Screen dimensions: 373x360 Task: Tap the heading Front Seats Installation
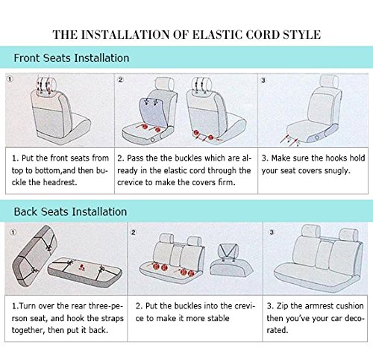(72, 58)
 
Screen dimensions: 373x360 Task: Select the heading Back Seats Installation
(70, 212)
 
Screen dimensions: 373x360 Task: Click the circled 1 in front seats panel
(10, 79)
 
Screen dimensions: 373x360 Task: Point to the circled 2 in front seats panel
(121, 80)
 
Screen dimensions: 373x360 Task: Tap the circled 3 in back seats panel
(272, 232)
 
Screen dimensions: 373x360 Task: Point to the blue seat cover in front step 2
(153, 112)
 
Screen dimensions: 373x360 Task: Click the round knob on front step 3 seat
(317, 137)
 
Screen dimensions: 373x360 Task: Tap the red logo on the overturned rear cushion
(82, 268)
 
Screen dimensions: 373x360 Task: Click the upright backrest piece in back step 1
(34, 255)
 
